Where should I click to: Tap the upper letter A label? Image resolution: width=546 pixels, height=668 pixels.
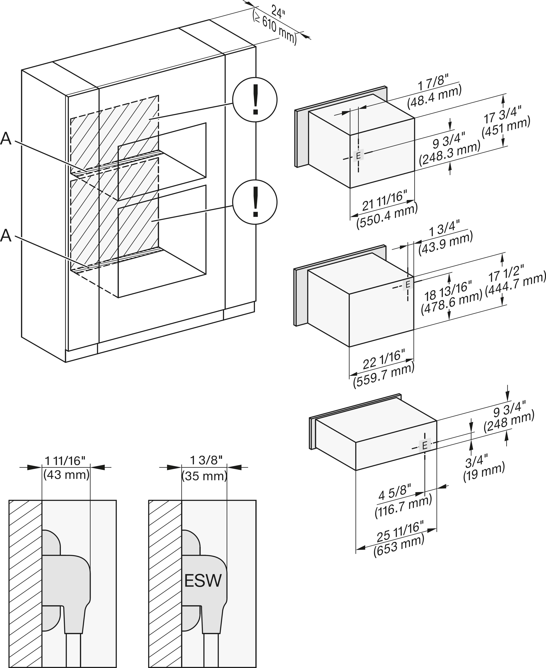[x=6, y=139]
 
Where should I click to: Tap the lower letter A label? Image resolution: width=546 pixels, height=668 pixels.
[x=6, y=235]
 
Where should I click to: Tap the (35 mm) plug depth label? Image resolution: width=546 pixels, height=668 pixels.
[x=204, y=476]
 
